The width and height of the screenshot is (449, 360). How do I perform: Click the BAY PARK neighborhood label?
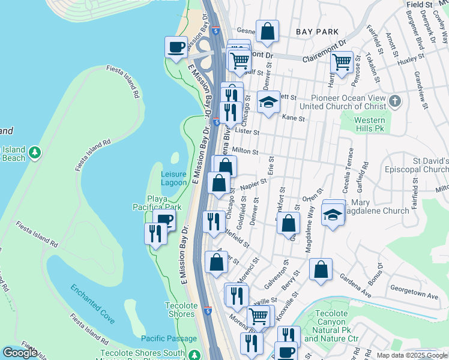(x=317, y=31)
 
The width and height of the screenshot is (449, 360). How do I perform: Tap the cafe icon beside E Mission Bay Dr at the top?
(x=176, y=47)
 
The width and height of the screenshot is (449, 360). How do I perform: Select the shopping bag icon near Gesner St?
(x=267, y=31)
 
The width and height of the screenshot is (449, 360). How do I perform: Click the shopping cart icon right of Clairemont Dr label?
(x=342, y=62)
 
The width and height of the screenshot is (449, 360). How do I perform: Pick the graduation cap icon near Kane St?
(x=269, y=101)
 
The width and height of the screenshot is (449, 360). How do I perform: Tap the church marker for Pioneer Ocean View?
(x=394, y=101)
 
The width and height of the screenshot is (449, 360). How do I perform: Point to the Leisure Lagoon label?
(x=174, y=178)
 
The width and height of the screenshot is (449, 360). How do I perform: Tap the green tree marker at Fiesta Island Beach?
(x=35, y=153)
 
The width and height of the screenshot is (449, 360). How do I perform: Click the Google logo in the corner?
(x=19, y=352)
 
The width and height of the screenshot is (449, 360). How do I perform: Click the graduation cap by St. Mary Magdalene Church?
(x=333, y=214)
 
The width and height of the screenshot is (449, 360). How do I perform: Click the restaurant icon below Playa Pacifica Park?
(x=155, y=233)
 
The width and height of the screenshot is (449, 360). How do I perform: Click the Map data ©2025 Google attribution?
(x=411, y=355)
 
